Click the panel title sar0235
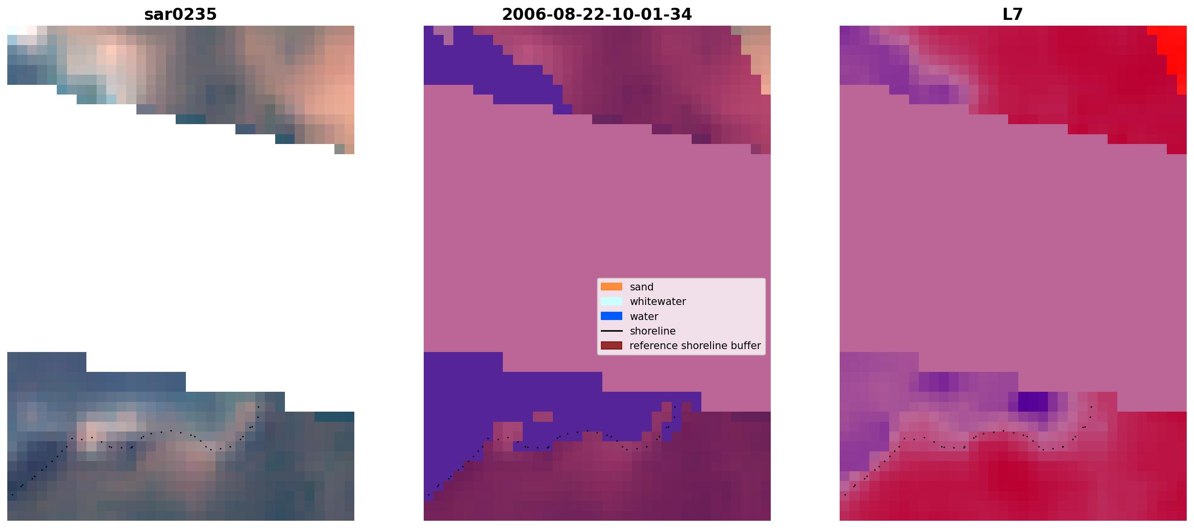[x=181, y=15]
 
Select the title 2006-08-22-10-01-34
[x=597, y=15]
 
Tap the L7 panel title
[x=1013, y=15]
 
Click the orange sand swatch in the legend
[x=612, y=287]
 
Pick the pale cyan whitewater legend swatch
[x=612, y=301]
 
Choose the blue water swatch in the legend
[x=612, y=316]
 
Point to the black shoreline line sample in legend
[x=612, y=331]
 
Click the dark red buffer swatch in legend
[x=612, y=346]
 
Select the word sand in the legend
[x=642, y=287]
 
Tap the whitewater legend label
[x=658, y=302]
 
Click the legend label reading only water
[x=644, y=317]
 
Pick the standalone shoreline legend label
[x=653, y=331]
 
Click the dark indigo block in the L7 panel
[x=1033, y=401]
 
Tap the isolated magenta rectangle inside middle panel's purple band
[x=543, y=416]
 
